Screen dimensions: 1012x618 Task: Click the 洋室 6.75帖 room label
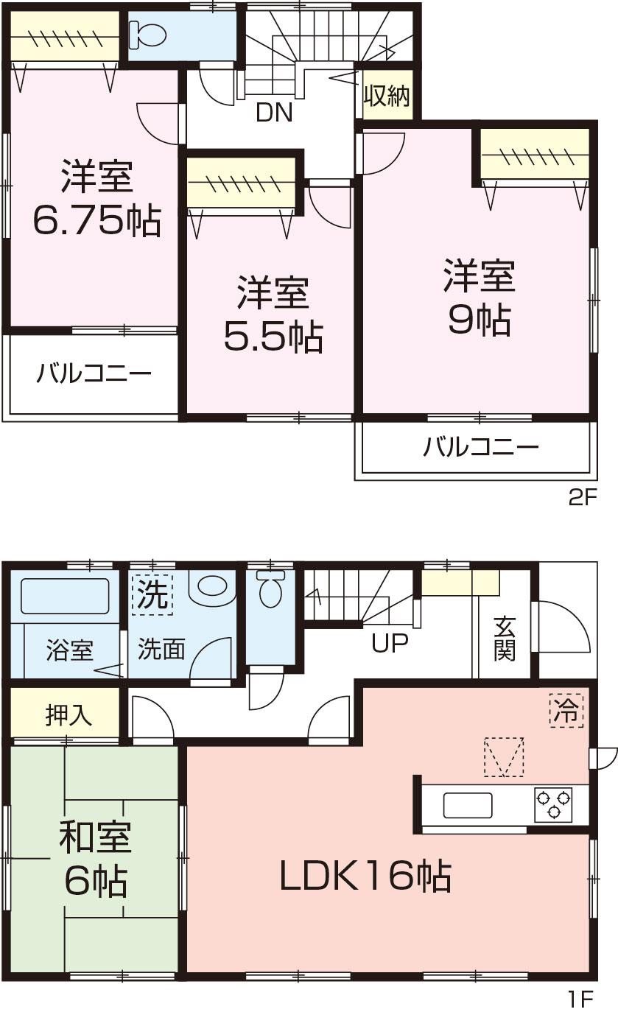(96, 197)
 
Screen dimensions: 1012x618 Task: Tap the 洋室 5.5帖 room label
(272, 314)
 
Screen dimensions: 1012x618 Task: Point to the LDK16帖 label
(365, 876)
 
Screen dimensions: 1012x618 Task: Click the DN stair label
(274, 113)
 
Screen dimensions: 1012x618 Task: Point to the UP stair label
(390, 644)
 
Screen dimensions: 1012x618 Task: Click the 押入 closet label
(69, 714)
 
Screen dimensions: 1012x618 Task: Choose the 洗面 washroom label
(161, 649)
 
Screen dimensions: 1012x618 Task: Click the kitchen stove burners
(553, 804)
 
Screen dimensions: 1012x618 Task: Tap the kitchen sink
(468, 805)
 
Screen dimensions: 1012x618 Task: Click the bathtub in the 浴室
(65, 596)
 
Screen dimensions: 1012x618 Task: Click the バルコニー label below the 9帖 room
(481, 447)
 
